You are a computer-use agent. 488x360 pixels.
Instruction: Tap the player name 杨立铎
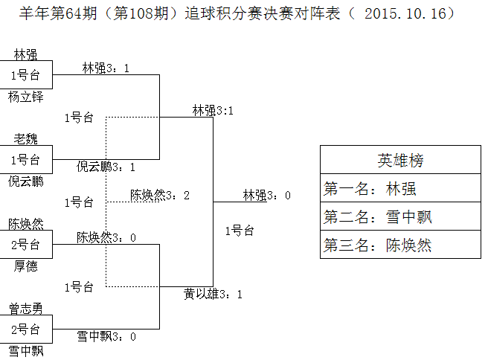pos(25,97)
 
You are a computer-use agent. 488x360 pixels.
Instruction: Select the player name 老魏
pos(25,139)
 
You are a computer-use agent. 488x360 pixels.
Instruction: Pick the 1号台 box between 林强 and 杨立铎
pos(25,75)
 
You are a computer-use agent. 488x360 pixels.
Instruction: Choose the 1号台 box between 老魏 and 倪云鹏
pos(25,160)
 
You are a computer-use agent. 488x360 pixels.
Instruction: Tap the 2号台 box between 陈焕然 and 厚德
pos(25,244)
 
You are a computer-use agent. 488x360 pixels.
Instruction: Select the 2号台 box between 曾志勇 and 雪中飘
pos(25,329)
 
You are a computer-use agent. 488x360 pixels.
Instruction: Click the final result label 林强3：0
pos(266,196)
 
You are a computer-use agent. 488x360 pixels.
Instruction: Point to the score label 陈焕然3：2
pos(160,196)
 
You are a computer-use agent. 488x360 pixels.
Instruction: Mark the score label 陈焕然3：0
pos(106,237)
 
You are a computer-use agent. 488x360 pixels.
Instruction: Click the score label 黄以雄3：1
pos(213,295)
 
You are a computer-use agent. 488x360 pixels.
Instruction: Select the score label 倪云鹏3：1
pos(106,167)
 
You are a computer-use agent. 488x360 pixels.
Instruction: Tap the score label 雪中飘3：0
pos(106,337)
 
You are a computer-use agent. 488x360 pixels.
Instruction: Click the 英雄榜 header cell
pos(400,161)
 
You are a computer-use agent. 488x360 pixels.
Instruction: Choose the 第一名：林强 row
pos(400,189)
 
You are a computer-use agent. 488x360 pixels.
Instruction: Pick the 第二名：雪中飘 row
pos(400,217)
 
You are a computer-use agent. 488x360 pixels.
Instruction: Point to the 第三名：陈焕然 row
pos(400,245)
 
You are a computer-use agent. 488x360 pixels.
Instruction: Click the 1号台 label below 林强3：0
pos(240,231)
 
